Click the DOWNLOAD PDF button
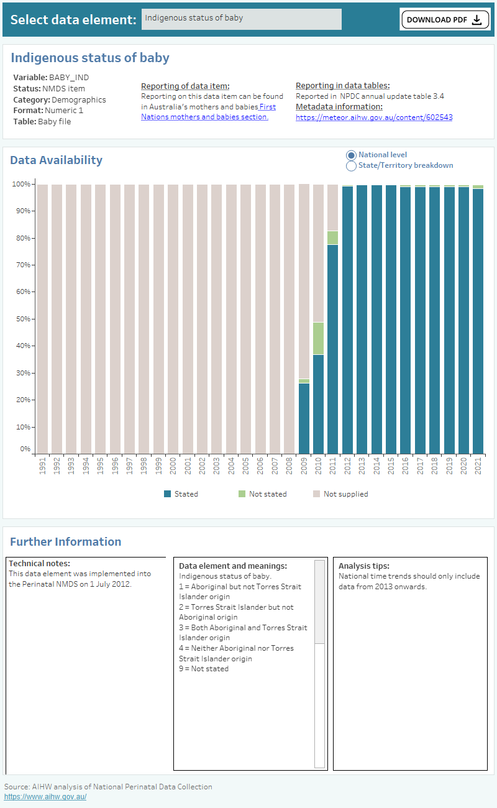pyautogui.click(x=445, y=19)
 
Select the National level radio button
pyautogui.click(x=351, y=155)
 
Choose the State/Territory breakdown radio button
pyautogui.click(x=351, y=166)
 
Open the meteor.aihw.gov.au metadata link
pyautogui.click(x=373, y=117)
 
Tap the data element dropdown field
pyautogui.click(x=241, y=19)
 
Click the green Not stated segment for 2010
pyautogui.click(x=318, y=338)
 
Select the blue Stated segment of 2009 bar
pyautogui.click(x=304, y=418)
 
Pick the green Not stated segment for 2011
pyautogui.click(x=332, y=237)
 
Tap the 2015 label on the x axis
pyautogui.click(x=391, y=465)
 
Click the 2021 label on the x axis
pyautogui.click(x=478, y=465)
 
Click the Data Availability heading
pyautogui.click(x=56, y=160)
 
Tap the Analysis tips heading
pyautogui.click(x=364, y=566)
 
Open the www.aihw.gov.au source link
pyautogui.click(x=45, y=797)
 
